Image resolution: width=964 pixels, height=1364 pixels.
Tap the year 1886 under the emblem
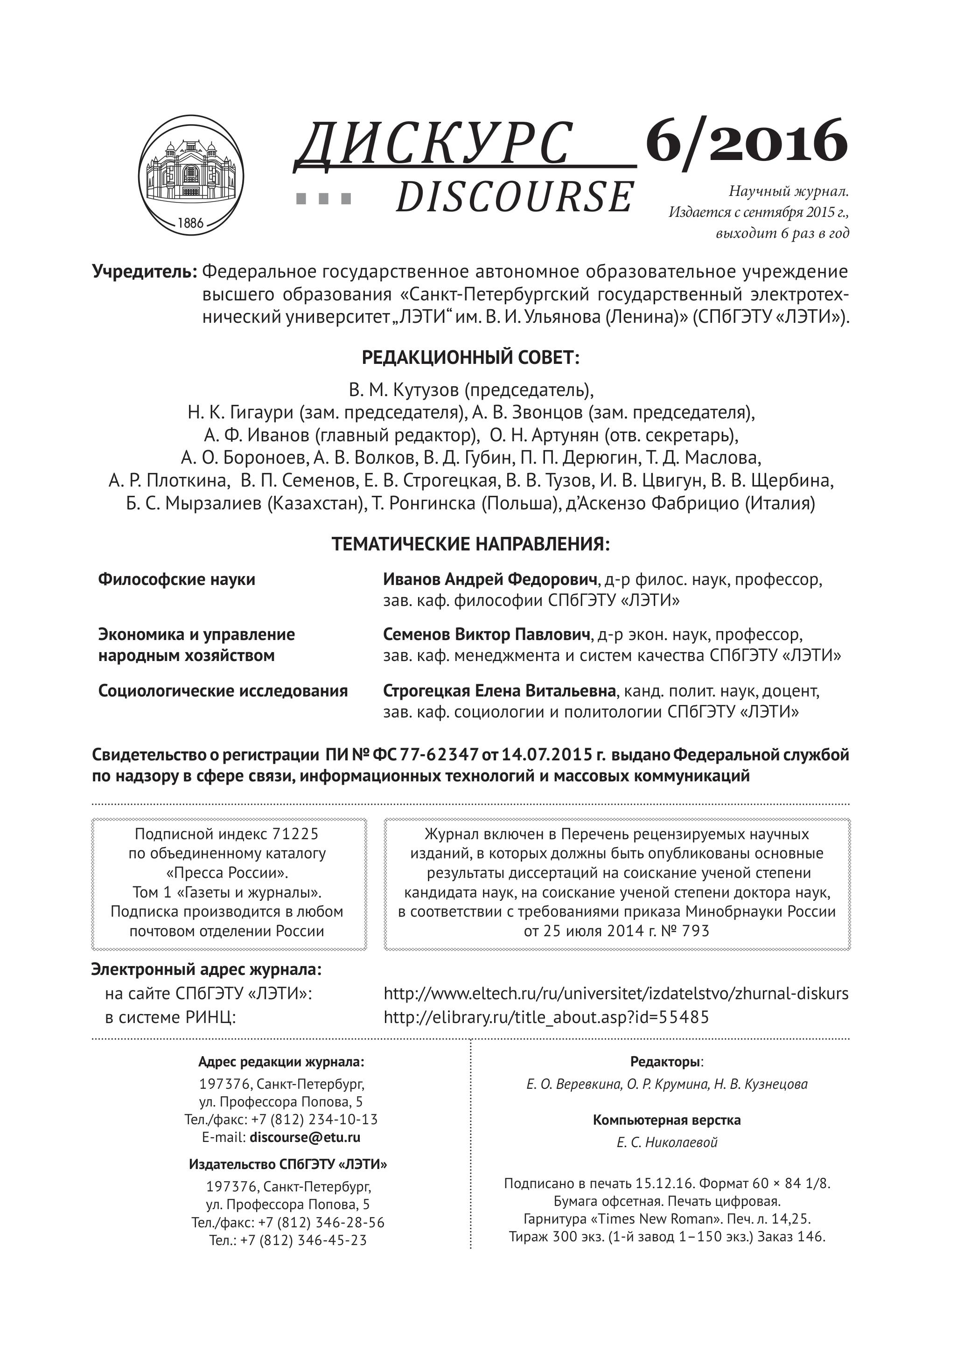[x=190, y=223]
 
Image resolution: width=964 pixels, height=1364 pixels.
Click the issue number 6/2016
[x=746, y=141]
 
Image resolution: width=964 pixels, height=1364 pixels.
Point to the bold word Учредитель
[x=144, y=272]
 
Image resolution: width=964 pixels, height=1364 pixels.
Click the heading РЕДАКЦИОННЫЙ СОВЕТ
[x=470, y=358]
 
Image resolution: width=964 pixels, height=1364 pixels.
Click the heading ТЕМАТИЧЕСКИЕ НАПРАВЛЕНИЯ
[x=470, y=544]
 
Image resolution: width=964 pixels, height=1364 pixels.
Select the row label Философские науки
[x=176, y=579]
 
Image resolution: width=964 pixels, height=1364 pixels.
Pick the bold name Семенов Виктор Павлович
[x=487, y=634]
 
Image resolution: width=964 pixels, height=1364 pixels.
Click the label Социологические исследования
[x=223, y=691]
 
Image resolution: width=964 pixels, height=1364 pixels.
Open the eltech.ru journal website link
[x=616, y=994]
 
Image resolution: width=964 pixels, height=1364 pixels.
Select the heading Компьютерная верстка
[x=667, y=1120]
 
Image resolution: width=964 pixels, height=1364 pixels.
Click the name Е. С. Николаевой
[x=667, y=1142]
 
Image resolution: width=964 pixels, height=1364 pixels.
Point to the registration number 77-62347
[x=439, y=755]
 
